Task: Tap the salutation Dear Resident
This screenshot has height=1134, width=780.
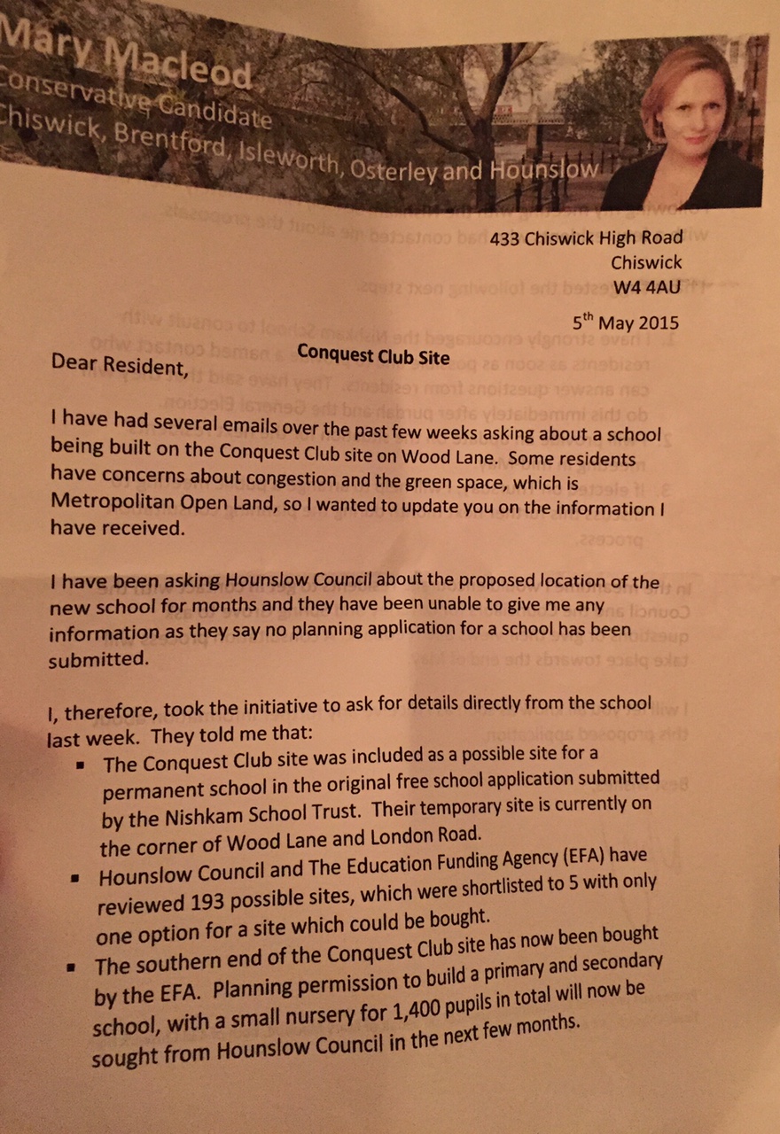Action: (119, 363)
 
